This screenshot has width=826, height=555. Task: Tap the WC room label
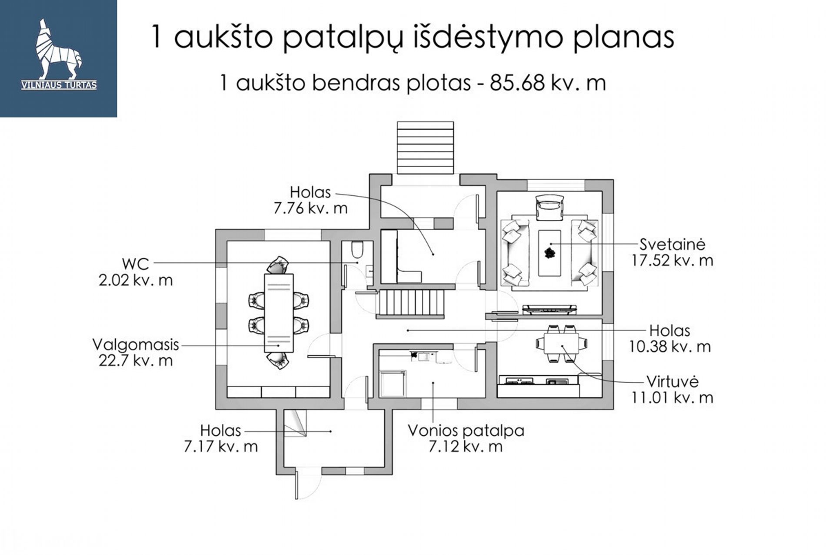[x=135, y=264]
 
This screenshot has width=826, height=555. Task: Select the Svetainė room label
[x=672, y=244]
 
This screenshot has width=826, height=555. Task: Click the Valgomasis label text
[x=136, y=344]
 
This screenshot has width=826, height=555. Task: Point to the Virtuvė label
[x=672, y=381]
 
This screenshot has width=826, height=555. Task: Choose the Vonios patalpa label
[x=466, y=431]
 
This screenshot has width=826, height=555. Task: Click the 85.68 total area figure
[x=517, y=83]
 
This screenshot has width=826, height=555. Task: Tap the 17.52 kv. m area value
[x=672, y=260]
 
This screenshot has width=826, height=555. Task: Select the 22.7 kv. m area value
[x=136, y=360]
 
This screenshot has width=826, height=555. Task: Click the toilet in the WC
[x=357, y=250]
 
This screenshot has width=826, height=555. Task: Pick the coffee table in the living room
[x=550, y=253]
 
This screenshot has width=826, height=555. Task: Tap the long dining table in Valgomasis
[x=279, y=313]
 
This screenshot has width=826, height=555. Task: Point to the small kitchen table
[x=562, y=343]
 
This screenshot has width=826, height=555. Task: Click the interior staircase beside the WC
[x=411, y=303]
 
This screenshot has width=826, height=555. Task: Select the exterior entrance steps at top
[x=425, y=148]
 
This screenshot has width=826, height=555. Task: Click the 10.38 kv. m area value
[x=670, y=346]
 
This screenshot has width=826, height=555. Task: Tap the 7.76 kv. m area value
[x=310, y=208]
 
